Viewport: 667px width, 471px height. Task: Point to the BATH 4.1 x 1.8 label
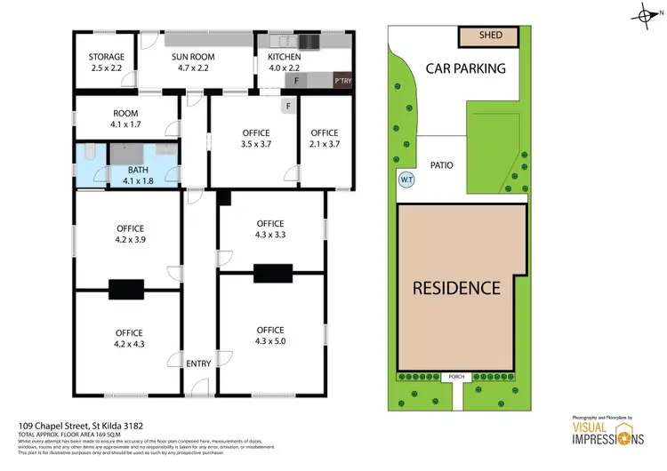(138, 175)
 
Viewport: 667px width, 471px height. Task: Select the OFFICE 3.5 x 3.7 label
(256, 139)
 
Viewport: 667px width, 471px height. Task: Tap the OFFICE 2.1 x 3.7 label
(324, 139)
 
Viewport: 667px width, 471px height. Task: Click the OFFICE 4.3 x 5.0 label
(269, 335)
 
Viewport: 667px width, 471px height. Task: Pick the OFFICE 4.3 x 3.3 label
(269, 229)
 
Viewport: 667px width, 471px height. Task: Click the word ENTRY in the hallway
(198, 363)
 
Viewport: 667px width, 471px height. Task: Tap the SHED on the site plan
(490, 36)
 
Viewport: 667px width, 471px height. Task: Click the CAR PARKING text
(465, 68)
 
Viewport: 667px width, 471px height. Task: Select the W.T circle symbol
(406, 179)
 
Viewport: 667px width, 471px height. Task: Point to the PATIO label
(442, 164)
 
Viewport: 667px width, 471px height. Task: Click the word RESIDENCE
(455, 288)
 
